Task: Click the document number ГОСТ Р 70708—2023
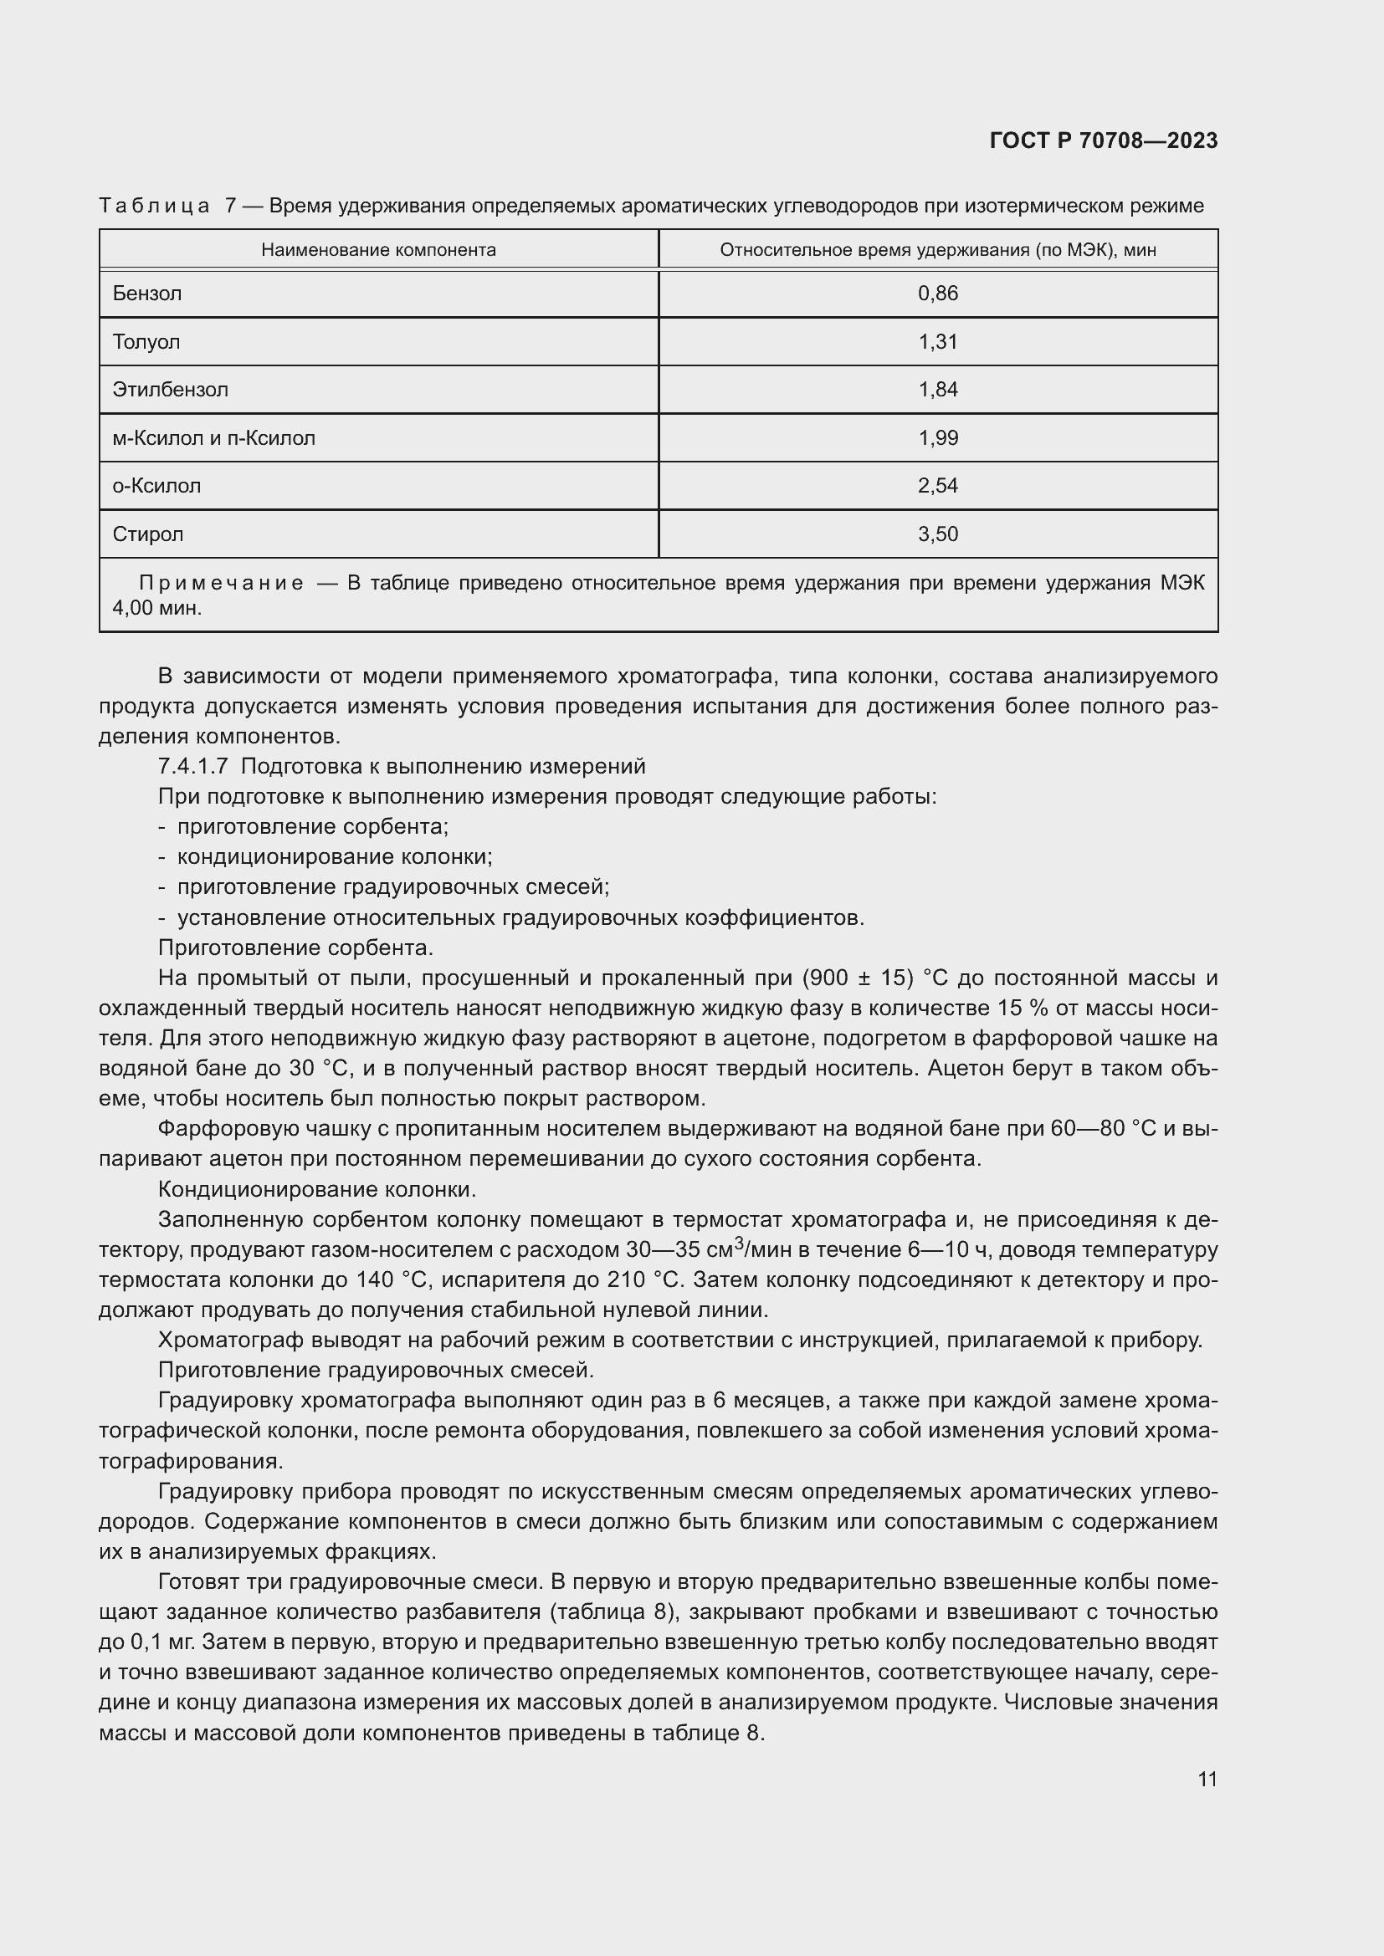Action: (1103, 140)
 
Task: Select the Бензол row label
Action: (146, 294)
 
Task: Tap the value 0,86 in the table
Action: (937, 294)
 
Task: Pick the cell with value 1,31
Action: (937, 342)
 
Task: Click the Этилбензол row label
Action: (170, 391)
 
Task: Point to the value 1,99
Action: (937, 438)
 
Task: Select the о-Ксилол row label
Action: (156, 487)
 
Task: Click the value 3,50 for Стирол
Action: (937, 534)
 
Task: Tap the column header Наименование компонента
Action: (378, 249)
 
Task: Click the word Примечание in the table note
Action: (221, 584)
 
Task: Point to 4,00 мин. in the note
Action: (156, 608)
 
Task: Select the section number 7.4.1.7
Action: (192, 766)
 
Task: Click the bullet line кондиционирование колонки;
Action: (334, 856)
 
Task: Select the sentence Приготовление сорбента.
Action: (295, 947)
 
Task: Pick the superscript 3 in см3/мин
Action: (739, 1242)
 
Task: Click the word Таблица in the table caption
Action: (154, 206)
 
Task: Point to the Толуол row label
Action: (146, 342)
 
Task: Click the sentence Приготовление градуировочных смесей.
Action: (376, 1371)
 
